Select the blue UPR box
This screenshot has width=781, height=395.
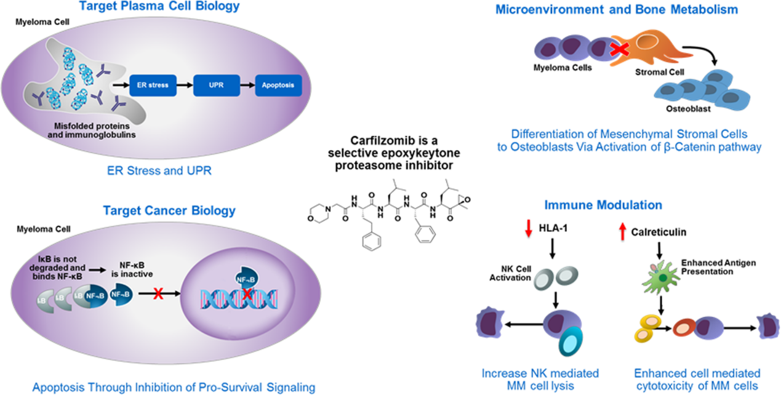coord(216,83)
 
